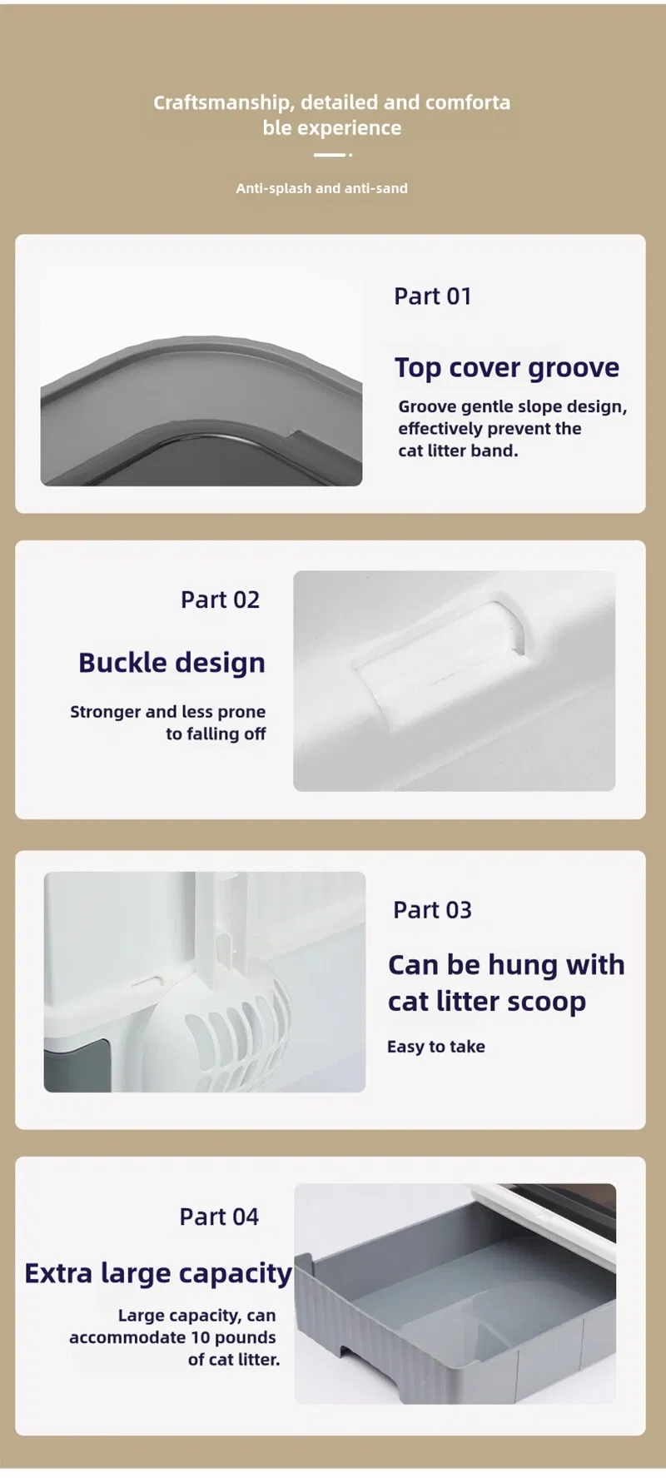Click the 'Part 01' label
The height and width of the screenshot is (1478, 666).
pos(433,296)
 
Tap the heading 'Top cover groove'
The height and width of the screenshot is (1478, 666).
pos(507,368)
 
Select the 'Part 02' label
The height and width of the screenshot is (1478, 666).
pos(221,600)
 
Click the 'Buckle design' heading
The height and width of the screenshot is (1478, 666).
pos(172,663)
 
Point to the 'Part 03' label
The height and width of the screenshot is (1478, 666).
pos(432,910)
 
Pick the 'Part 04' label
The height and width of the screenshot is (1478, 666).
pos(219,1217)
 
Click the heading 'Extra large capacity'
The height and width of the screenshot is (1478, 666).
pos(158,1274)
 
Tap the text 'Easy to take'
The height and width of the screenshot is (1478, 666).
pos(436,1047)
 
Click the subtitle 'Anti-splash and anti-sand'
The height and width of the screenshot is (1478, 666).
pos(322,188)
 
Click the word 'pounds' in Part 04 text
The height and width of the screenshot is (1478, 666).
pos(245,1337)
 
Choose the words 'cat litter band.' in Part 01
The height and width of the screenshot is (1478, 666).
pos(458,450)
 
